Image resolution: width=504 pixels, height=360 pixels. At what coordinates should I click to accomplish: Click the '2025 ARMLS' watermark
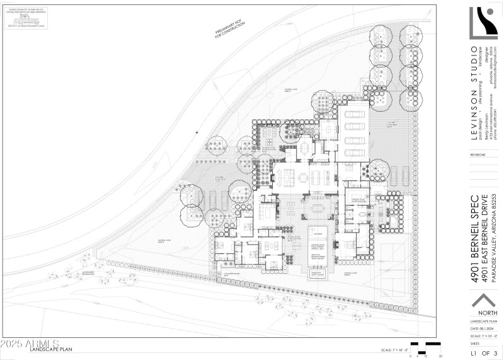point(30,345)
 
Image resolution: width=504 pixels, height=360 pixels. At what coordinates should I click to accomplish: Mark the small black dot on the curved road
point(197,132)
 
